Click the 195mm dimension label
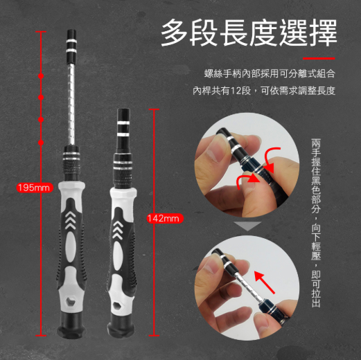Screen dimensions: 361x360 coord(35,188)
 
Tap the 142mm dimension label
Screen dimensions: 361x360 coord(165,218)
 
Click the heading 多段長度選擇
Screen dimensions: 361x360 coord(249,33)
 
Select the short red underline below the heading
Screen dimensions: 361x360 coord(319,58)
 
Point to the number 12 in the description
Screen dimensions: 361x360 coord(236,91)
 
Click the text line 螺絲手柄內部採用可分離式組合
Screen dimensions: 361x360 coord(270,73)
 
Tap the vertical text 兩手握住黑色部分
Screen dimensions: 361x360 coord(316,176)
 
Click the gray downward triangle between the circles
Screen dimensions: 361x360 coord(247,226)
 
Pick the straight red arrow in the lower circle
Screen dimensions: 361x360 coord(265,282)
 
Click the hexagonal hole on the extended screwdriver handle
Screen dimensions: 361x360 coord(71,301)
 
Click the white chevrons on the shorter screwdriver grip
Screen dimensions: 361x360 coord(118,230)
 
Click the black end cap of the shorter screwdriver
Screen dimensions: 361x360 coord(121,328)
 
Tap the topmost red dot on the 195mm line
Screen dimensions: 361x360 coord(41,76)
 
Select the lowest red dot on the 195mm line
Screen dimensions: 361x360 coord(41,143)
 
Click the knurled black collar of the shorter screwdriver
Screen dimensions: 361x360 coord(123,171)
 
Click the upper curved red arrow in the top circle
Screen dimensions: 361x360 coord(270,158)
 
